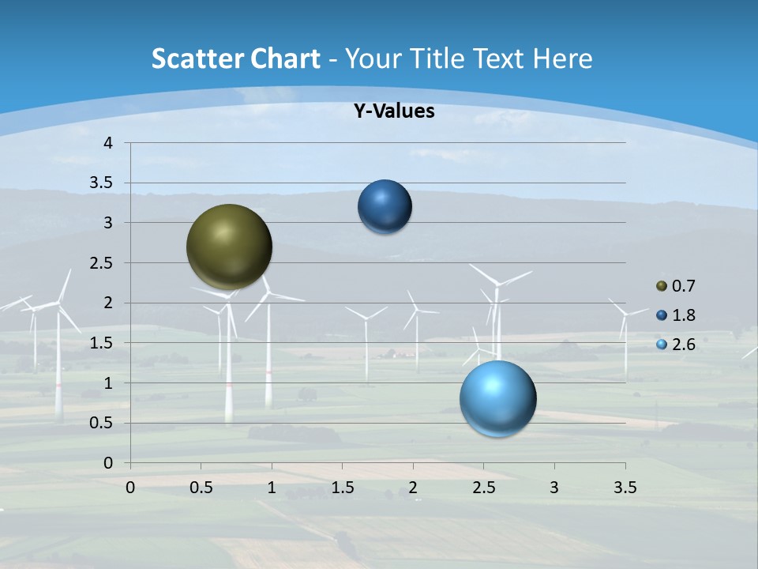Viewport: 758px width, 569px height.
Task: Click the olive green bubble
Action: pyautogui.click(x=230, y=247)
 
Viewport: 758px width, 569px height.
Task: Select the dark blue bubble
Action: pyautogui.click(x=385, y=206)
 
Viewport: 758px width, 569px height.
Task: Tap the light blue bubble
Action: pyautogui.click(x=498, y=398)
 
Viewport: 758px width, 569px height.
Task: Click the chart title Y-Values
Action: pyautogui.click(x=393, y=111)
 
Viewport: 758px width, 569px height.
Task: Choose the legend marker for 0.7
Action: pyautogui.click(x=661, y=286)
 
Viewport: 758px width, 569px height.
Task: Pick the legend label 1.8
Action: pyautogui.click(x=683, y=315)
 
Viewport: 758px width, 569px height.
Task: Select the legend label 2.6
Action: pyautogui.click(x=683, y=345)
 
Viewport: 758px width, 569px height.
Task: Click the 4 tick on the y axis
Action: pyautogui.click(x=109, y=143)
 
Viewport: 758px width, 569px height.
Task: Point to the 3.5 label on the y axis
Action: pyautogui.click(x=103, y=183)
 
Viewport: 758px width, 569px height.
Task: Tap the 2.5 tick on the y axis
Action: pyautogui.click(x=103, y=263)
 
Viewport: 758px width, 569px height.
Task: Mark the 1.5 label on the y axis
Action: pyautogui.click(x=103, y=343)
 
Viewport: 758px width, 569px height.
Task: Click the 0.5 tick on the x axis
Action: pyautogui.click(x=201, y=488)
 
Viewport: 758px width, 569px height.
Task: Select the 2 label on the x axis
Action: pyautogui.click(x=413, y=488)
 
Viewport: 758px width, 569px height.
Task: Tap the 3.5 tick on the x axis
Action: pyautogui.click(x=625, y=488)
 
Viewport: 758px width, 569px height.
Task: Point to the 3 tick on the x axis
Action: pyautogui.click(x=554, y=488)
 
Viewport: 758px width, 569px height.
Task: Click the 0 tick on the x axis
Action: pyautogui.click(x=130, y=488)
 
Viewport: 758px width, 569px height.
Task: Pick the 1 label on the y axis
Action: pyautogui.click(x=109, y=383)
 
